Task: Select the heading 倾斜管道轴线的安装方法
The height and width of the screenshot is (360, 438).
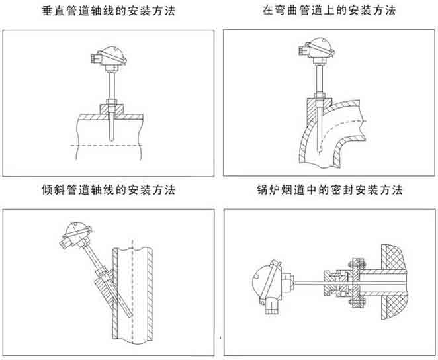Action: pos(109,191)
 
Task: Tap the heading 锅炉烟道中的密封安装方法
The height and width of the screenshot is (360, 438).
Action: pos(329,191)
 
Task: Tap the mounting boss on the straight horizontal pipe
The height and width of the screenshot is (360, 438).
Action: pos(109,107)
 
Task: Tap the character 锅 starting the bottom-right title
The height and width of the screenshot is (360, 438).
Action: pos(259,191)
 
